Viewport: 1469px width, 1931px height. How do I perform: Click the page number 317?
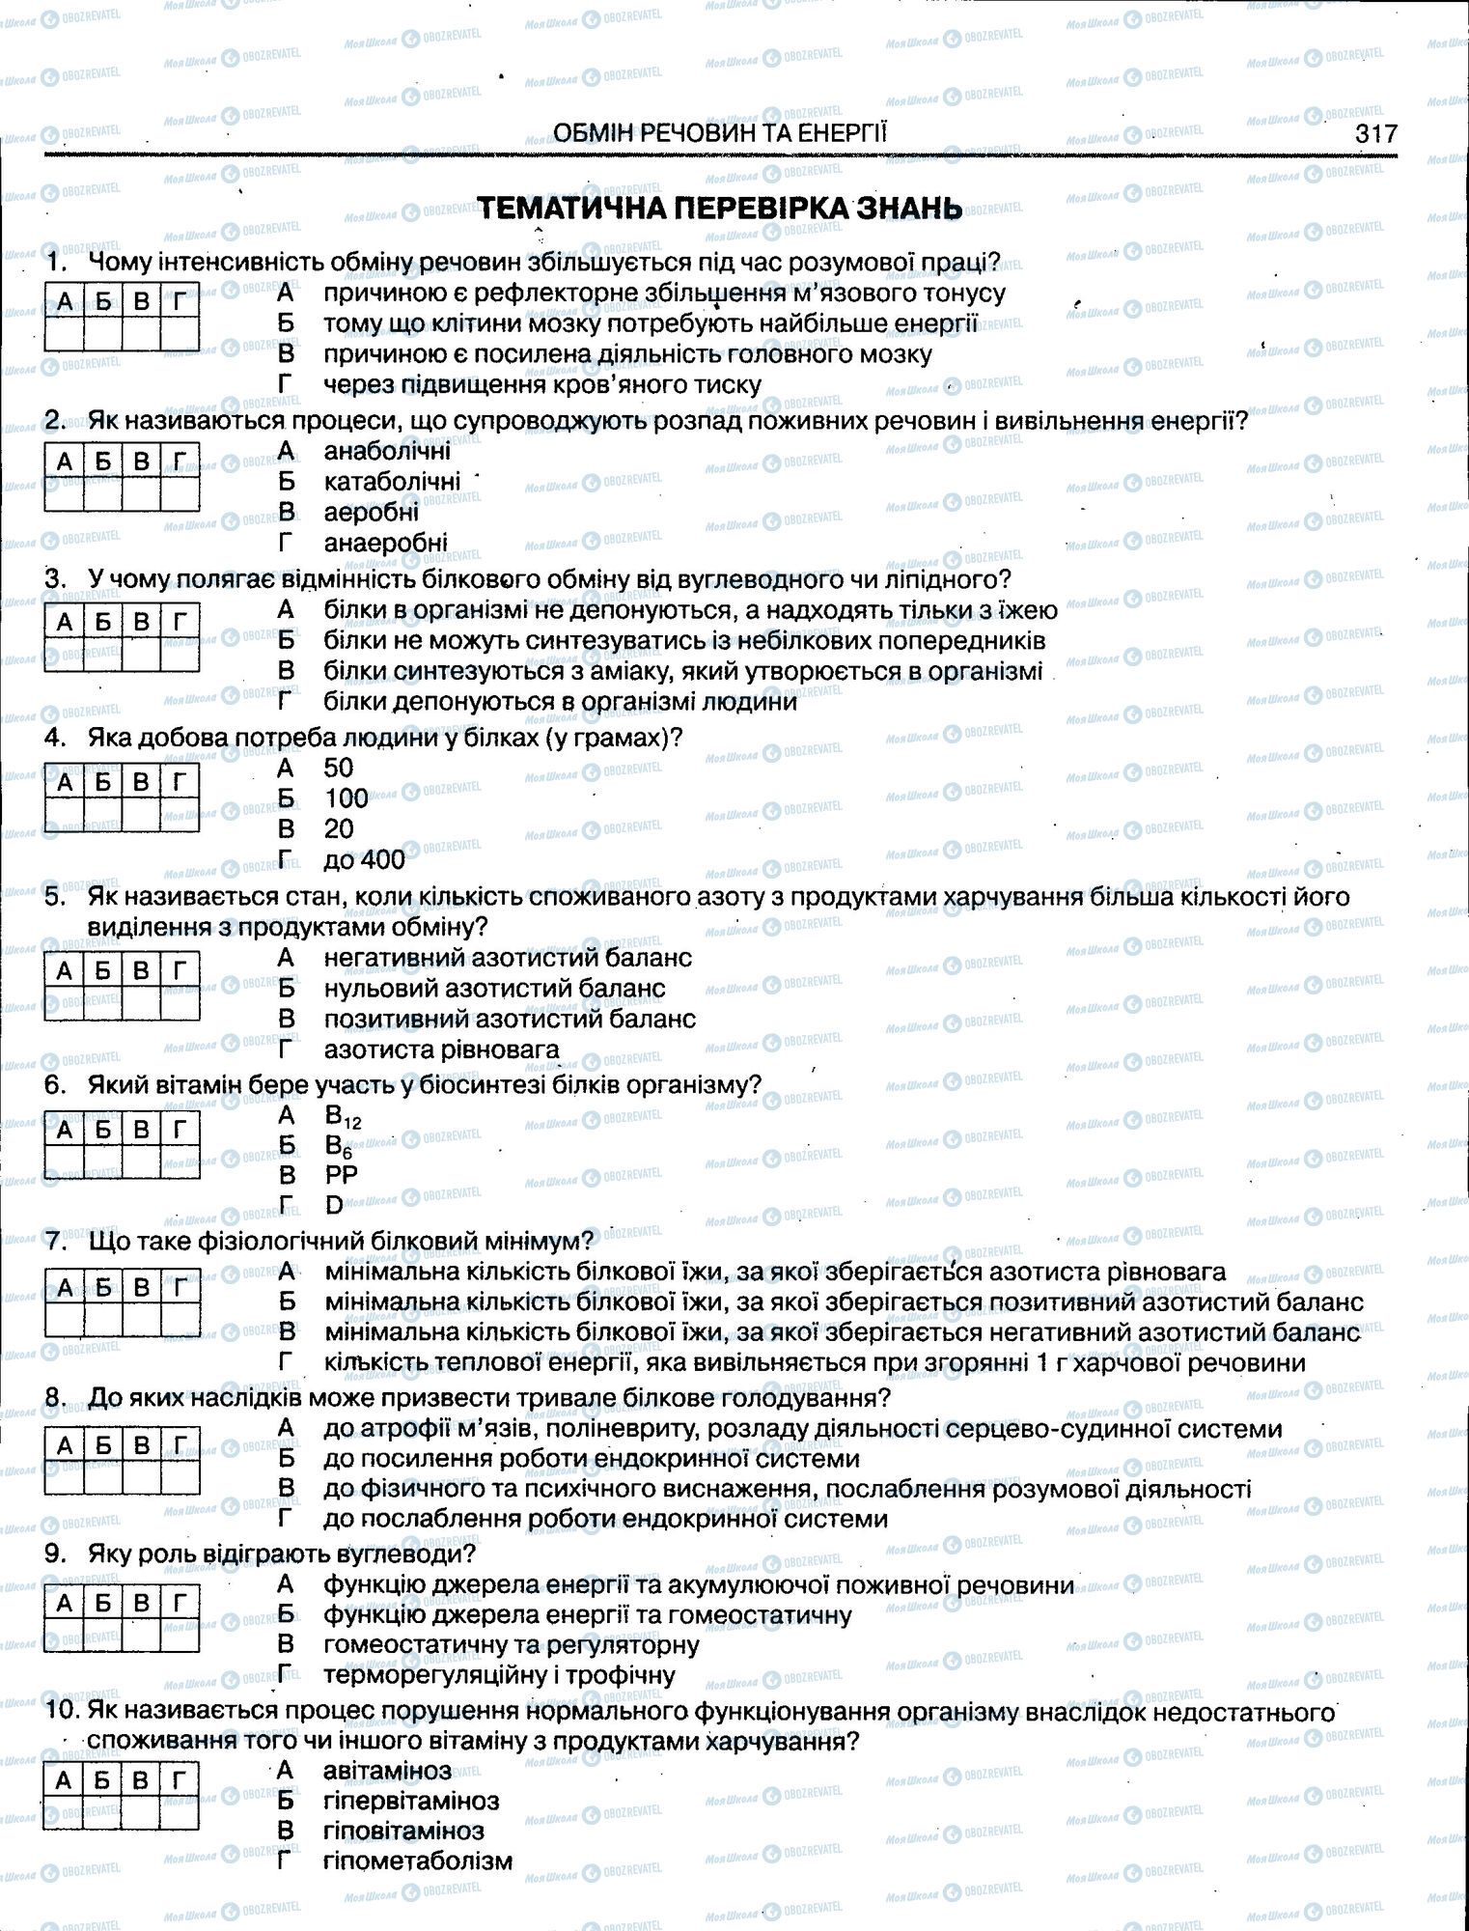tap(1374, 132)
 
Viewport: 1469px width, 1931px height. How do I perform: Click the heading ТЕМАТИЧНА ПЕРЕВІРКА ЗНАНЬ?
tap(720, 209)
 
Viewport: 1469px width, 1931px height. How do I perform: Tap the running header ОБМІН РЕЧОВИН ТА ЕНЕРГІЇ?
tap(719, 132)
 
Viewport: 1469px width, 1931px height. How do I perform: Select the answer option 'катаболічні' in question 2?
tap(392, 481)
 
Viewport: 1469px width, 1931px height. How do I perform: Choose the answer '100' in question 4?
tap(346, 798)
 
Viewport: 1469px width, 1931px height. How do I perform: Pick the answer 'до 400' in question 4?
tap(364, 858)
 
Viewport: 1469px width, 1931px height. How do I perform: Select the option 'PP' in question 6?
tap(342, 1175)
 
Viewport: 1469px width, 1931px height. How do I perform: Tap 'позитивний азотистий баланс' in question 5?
tap(509, 1019)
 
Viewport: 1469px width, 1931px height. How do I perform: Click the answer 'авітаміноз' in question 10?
tap(387, 1770)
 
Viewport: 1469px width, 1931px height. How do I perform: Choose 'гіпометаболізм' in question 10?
tap(417, 1861)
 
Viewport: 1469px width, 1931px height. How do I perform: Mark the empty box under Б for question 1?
tap(102, 334)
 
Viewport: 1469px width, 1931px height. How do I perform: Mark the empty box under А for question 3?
tap(64, 654)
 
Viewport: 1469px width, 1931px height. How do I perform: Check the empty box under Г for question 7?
tap(180, 1319)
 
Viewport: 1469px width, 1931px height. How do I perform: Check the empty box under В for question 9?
tap(141, 1635)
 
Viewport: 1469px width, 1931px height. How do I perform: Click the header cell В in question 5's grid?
tap(141, 970)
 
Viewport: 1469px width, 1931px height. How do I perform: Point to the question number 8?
tap(55, 1398)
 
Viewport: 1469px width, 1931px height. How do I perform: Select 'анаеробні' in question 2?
tap(385, 543)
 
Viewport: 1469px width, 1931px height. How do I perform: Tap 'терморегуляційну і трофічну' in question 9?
tap(499, 1674)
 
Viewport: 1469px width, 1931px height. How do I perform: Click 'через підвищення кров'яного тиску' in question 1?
tap(542, 384)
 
